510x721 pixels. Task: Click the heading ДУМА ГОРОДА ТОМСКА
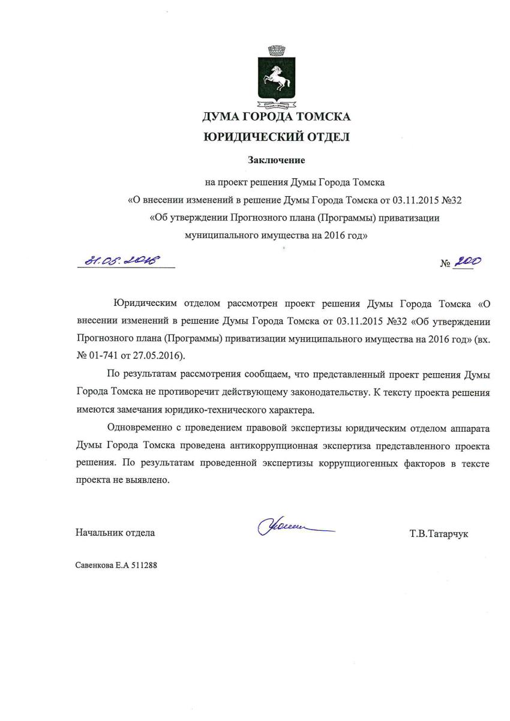tap(276, 116)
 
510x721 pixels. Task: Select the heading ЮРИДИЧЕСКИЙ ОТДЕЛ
tap(276, 137)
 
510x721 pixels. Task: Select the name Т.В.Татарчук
tap(439, 533)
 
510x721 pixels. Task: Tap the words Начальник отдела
tap(115, 532)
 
